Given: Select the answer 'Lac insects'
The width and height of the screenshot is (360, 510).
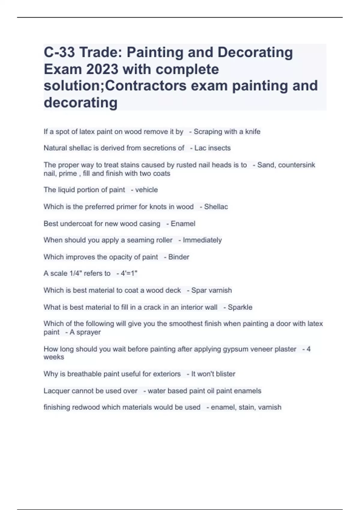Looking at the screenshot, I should tap(212, 148).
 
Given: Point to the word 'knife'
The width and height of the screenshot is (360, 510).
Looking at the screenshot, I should tap(253, 132).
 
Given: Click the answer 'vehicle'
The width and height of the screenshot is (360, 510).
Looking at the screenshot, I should tap(146, 190).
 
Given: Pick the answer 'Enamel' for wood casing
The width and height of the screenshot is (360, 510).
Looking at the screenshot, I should tap(183, 224).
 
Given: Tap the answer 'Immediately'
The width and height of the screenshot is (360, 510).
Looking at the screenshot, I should tap(202, 240).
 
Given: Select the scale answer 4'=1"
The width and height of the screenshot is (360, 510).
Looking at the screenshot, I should tap(129, 274).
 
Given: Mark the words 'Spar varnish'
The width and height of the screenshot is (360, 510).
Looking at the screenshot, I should tap(211, 290).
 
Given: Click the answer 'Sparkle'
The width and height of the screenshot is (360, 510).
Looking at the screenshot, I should tap(240, 307).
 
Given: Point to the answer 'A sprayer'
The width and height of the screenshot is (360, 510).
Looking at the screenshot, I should tap(85, 332).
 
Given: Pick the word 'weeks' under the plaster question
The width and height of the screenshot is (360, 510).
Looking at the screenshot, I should tap(54, 357).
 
